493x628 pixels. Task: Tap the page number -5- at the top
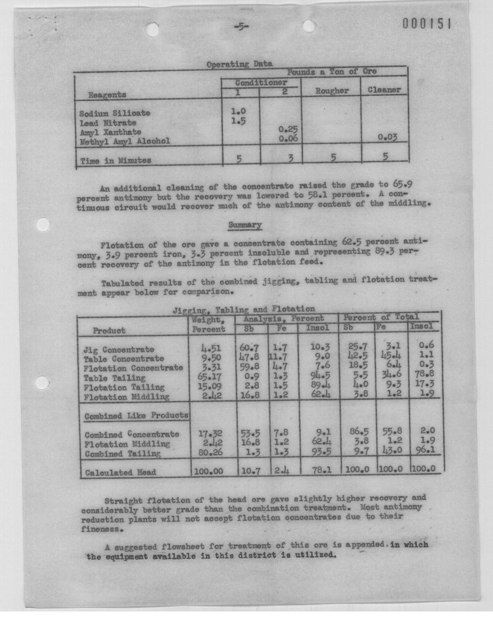coord(241,27)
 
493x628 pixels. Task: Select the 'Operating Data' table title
coord(239,64)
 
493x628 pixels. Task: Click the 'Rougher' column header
coord(332,91)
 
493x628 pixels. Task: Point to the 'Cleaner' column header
coord(384,90)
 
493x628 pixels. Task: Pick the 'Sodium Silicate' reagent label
coord(115,113)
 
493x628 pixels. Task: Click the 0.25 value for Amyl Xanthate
coord(288,129)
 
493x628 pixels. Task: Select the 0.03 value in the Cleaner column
coord(387,137)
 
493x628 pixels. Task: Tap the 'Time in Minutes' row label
coord(116,160)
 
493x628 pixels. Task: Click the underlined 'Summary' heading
coord(245,225)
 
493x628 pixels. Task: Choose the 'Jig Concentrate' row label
coord(119,350)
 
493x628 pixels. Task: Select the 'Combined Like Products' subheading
coord(136,416)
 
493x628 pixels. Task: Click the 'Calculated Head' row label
coord(120,473)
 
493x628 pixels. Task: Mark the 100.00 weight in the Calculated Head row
coord(208,471)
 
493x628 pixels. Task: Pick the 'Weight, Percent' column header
coord(208,325)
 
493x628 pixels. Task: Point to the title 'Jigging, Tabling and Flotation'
coord(244,310)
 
